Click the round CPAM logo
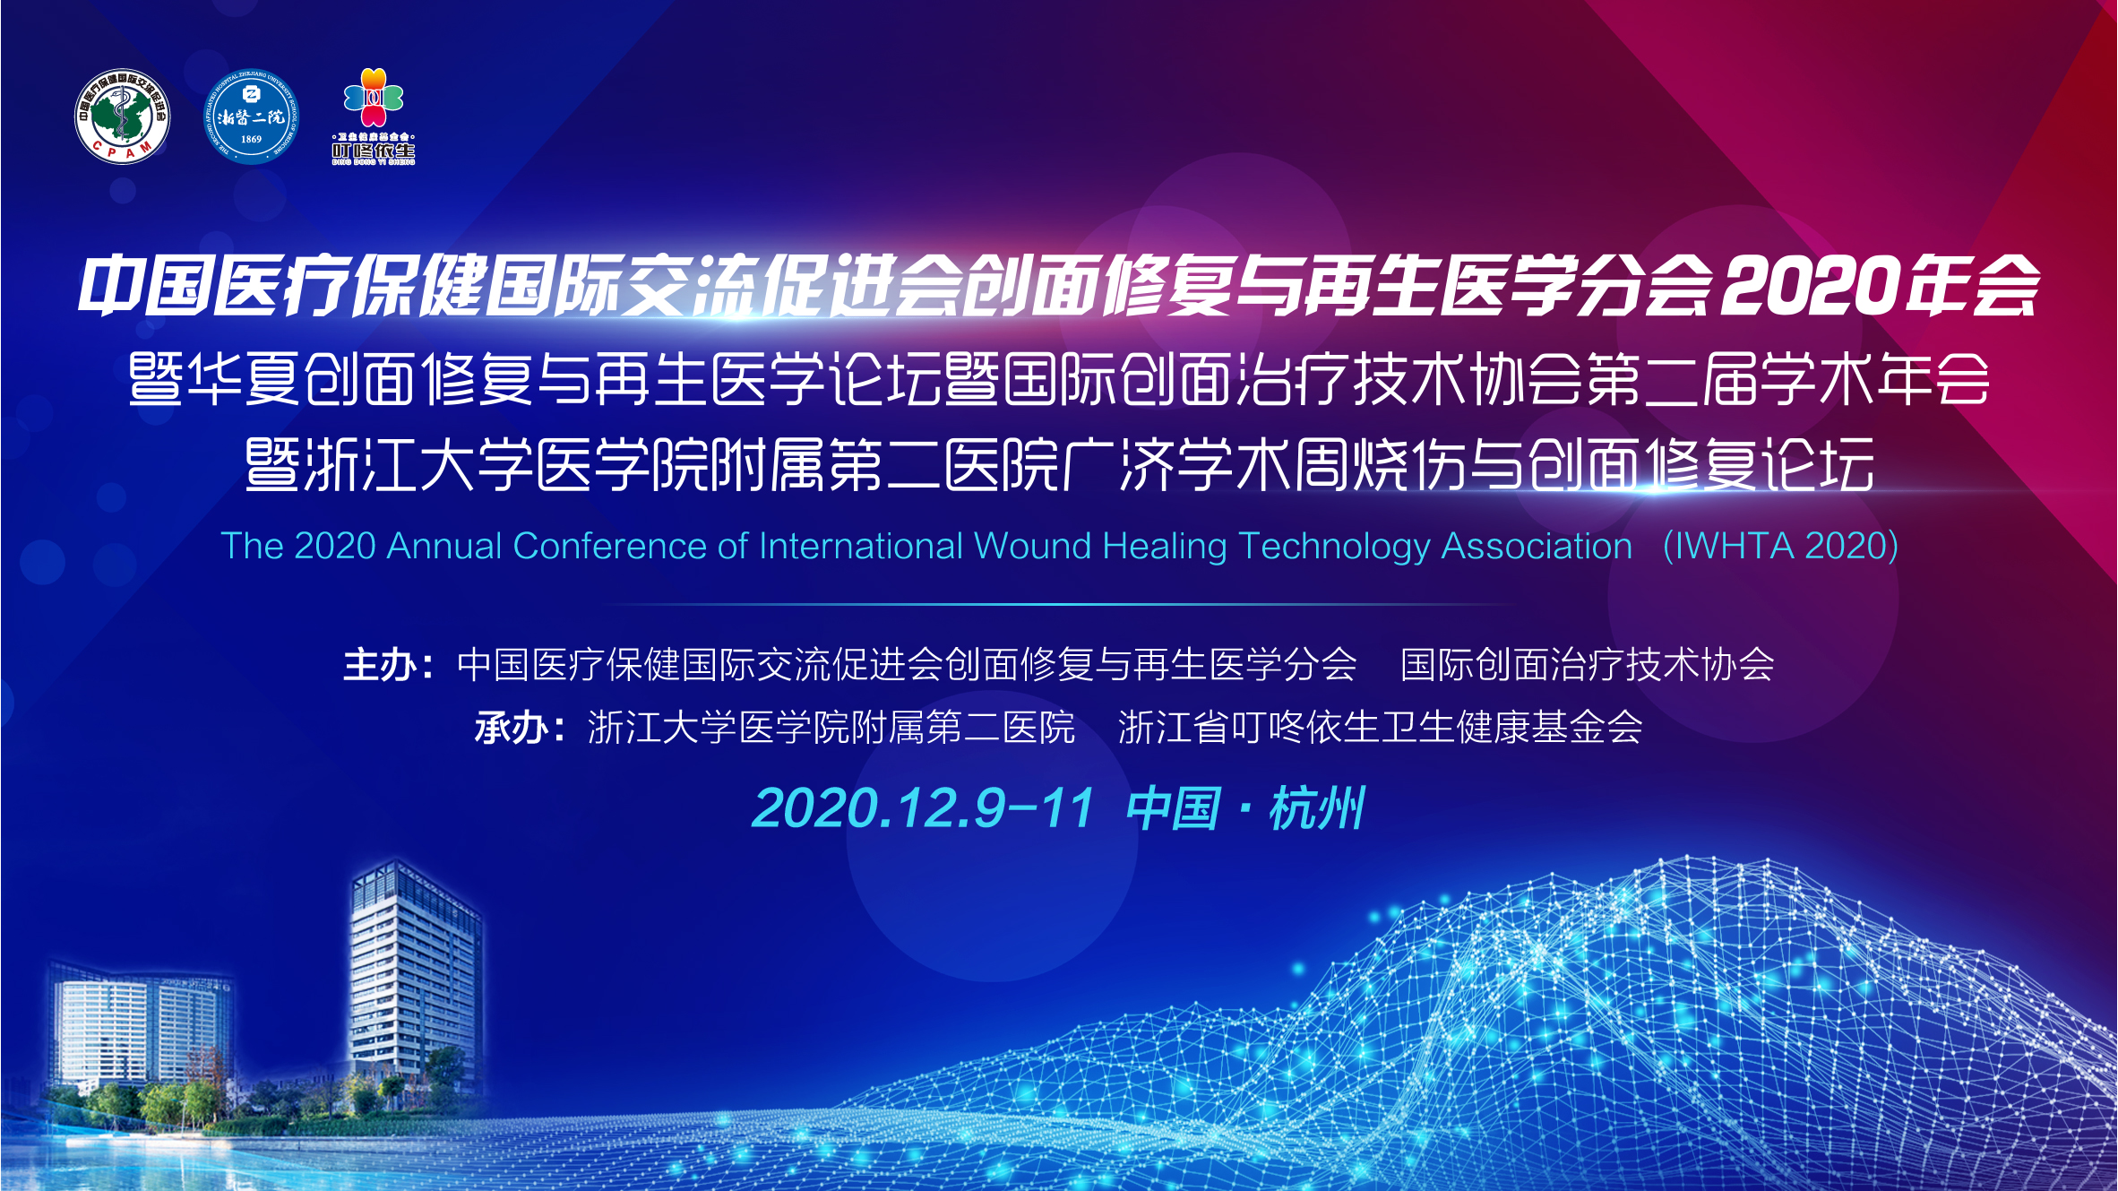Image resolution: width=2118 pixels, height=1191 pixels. click(x=123, y=117)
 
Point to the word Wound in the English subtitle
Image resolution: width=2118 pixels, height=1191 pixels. click(x=1033, y=546)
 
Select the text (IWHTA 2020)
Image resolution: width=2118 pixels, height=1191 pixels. click(x=1780, y=547)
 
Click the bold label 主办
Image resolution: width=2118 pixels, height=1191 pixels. click(x=379, y=665)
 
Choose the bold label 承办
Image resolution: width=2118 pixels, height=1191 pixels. click(x=511, y=728)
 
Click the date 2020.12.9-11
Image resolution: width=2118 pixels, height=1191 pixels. click(x=923, y=808)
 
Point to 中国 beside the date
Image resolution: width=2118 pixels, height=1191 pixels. click(x=1174, y=808)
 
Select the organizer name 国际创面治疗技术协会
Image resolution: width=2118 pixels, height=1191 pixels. click(x=1588, y=665)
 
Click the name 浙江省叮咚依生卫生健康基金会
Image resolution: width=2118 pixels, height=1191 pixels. click(x=1381, y=728)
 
